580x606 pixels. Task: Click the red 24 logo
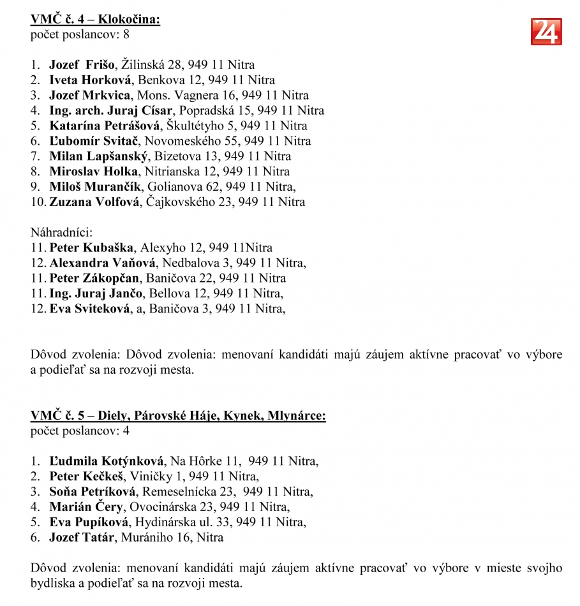coord(546,31)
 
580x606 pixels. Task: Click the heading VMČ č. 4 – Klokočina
coord(95,19)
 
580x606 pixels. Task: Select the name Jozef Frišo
coord(82,64)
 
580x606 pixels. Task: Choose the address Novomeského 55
coord(193,141)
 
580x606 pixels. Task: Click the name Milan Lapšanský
coord(99,156)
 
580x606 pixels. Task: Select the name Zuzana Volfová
coord(96,202)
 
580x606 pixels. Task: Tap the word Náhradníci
coord(61,233)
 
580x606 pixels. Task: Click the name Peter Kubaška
coord(92,248)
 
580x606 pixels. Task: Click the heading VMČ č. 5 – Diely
coord(178,416)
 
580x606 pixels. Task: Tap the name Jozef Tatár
coord(82,537)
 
